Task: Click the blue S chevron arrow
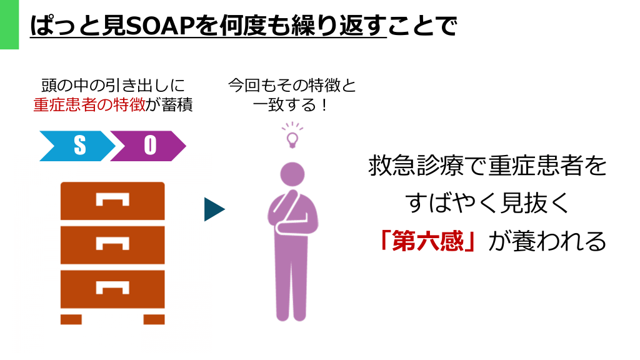[77, 146]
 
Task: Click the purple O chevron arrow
[148, 146]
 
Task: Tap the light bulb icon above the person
[292, 135]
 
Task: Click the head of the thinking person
[292, 174]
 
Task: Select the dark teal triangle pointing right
[214, 209]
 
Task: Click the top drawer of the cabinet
[112, 201]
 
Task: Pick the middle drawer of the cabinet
[112, 245]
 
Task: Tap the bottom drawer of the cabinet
[112, 289]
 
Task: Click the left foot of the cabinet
[71, 319]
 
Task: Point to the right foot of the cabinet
[154, 319]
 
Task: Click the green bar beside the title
[9, 24]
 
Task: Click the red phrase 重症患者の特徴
[89, 105]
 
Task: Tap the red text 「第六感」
[427, 241]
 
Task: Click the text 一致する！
[291, 105]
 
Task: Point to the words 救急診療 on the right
[416, 166]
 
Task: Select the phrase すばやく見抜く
[487, 203]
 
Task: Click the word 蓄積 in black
[177, 105]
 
